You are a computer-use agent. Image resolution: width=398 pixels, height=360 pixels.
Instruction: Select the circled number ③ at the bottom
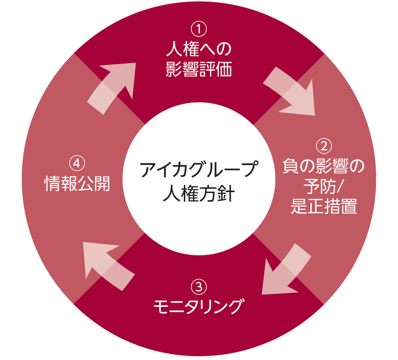[199, 286]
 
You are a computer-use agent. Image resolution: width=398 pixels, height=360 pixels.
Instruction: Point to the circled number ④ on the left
[77, 163]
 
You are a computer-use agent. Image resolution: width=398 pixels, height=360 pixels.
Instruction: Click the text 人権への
[199, 49]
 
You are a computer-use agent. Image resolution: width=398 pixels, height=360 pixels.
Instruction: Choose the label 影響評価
[199, 70]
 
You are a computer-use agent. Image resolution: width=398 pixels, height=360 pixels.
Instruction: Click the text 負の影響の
[324, 166]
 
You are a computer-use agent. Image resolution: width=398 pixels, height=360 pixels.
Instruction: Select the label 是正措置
[324, 207]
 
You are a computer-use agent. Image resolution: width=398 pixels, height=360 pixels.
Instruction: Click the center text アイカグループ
[199, 170]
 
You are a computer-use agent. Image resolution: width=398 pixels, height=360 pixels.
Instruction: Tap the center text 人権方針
[199, 194]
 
